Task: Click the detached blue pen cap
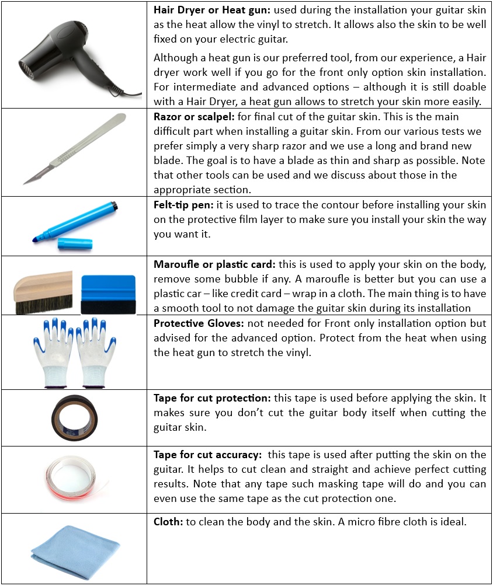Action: [x=75, y=244]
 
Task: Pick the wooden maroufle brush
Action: [x=43, y=291]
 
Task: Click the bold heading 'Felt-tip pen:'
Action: [x=182, y=205]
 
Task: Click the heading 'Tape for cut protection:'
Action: [x=207, y=399]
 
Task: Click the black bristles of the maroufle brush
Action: [x=43, y=303]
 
